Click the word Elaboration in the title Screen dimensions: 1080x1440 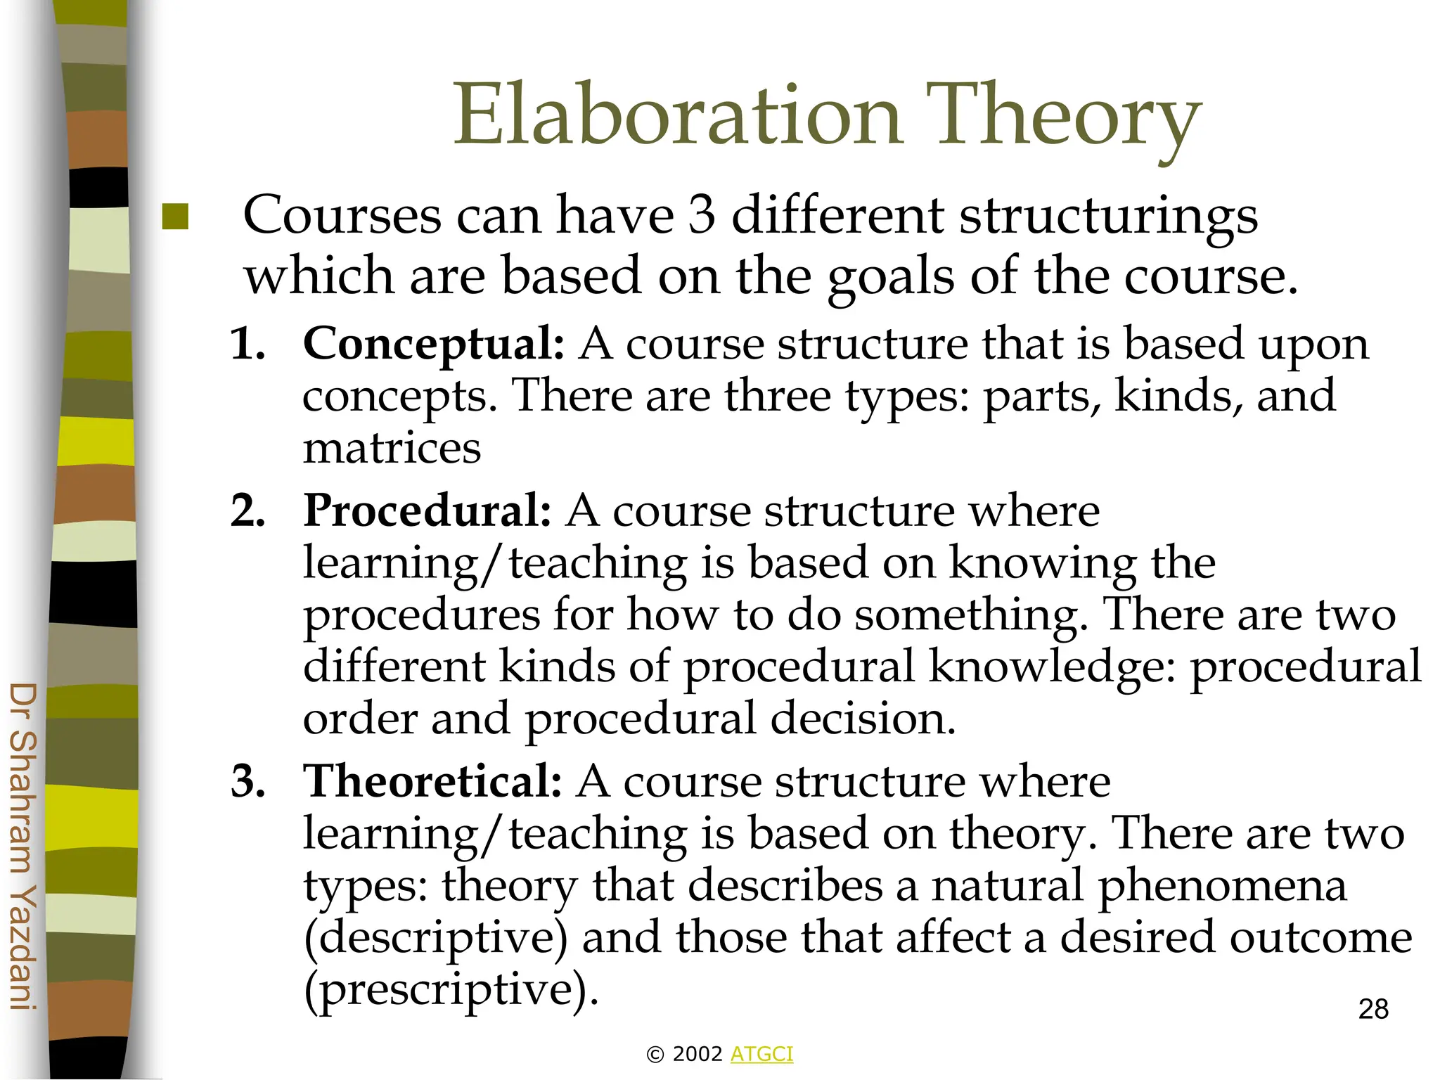pos(677,115)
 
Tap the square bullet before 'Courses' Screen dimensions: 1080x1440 pos(175,217)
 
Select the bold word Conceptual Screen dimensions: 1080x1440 pos(433,345)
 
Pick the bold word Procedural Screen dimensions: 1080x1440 pos(427,510)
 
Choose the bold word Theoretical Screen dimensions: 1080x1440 pos(432,781)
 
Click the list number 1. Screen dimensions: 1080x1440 pos(247,345)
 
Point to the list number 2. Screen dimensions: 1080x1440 pos(247,511)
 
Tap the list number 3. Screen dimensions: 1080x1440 pos(247,782)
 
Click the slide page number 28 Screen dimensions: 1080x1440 pos(1373,1009)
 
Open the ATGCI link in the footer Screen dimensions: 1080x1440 pos(761,1054)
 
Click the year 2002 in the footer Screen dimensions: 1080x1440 pos(697,1054)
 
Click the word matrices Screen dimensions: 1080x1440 pos(392,449)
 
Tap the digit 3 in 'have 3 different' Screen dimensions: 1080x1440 pos(702,215)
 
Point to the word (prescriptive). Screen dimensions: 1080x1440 pos(451,991)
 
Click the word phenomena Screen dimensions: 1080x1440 pos(1221,886)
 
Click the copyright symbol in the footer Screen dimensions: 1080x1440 pos(655,1054)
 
